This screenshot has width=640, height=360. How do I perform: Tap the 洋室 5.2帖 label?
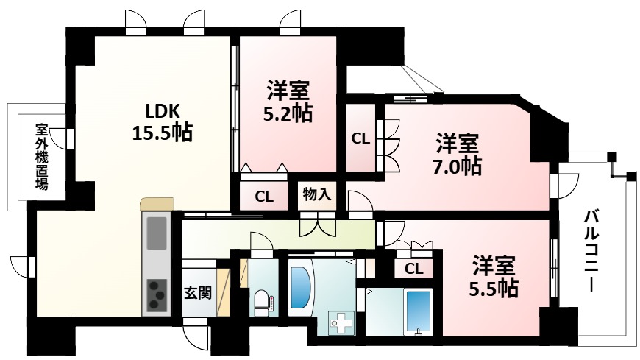pos(288,102)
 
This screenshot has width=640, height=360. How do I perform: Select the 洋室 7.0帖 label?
pos(458,153)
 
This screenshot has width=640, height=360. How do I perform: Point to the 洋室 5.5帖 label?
pos(494,275)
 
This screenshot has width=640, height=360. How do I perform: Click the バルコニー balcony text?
pos(593,251)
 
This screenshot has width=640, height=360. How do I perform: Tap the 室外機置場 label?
pos(41,157)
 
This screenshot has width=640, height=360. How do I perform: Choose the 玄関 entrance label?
pos(198,292)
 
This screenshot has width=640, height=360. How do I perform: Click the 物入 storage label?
pos(317,195)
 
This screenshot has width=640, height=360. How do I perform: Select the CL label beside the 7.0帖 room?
pos(360,138)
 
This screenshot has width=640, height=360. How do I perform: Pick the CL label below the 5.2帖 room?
pos(266,196)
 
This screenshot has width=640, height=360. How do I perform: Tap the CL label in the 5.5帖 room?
pos(414,269)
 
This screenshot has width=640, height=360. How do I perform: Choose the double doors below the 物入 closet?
pos(317,225)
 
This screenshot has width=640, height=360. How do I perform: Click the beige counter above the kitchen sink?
pos(157,204)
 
